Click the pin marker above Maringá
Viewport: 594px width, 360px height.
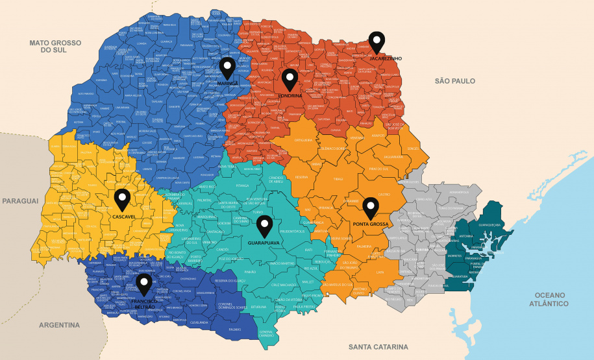pyautogui.click(x=227, y=67)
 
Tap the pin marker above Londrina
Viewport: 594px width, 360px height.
pyautogui.click(x=290, y=79)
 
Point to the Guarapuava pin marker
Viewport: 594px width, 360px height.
pyautogui.click(x=264, y=226)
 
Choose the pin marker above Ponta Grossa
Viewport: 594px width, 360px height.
pyautogui.click(x=370, y=208)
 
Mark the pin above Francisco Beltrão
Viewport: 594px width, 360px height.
pyautogui.click(x=143, y=283)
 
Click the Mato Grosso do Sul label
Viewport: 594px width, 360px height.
pyautogui.click(x=55, y=46)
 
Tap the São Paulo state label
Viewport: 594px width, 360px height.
pyautogui.click(x=454, y=81)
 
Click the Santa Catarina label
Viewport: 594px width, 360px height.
pyautogui.click(x=378, y=346)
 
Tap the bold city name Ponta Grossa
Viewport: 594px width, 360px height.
pyautogui.click(x=370, y=224)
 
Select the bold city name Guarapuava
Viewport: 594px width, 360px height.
pyautogui.click(x=264, y=243)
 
